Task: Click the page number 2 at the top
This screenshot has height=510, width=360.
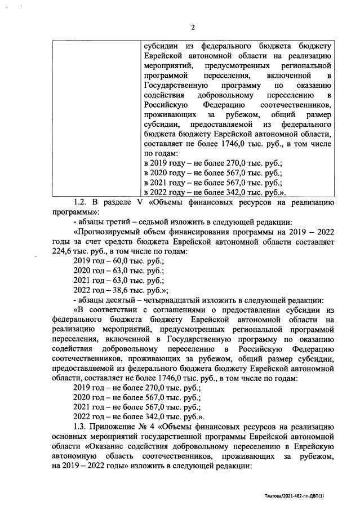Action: (x=192, y=26)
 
